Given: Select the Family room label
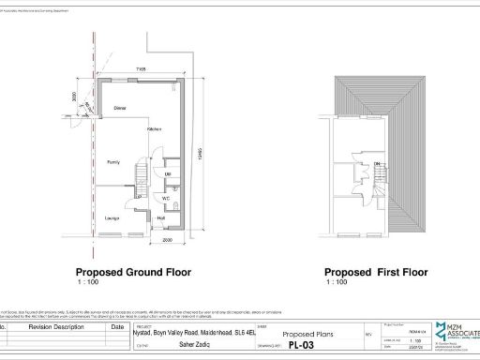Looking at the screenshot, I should (112, 162).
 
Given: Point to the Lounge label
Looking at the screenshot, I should (112, 219).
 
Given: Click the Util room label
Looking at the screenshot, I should (168, 174).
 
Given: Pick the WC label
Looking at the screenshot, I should (165, 199).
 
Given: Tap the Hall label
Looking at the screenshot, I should (161, 219).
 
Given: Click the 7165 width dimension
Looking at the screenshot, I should (140, 69).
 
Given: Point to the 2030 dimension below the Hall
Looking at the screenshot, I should (168, 240).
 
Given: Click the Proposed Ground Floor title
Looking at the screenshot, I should (133, 272).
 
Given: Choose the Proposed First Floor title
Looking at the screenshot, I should (376, 272).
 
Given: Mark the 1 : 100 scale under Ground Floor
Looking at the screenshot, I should (88, 282).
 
